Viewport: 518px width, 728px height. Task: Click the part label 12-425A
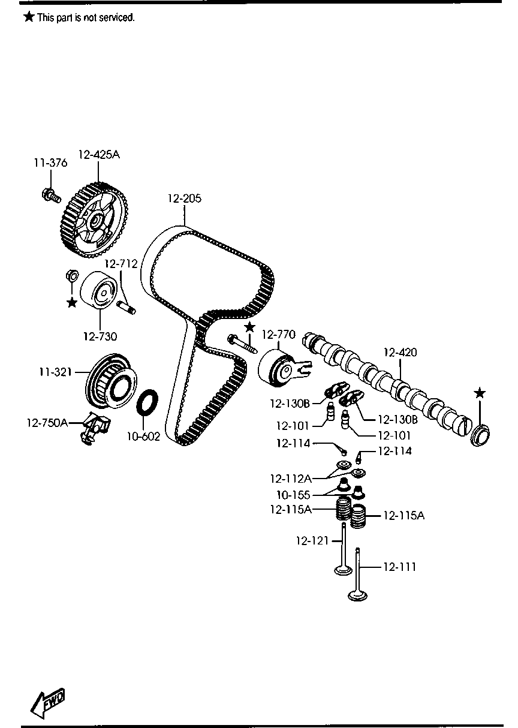(99, 155)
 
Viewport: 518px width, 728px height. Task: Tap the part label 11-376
(50, 163)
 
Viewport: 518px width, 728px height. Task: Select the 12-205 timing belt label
(184, 198)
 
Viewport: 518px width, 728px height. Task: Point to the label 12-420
(400, 353)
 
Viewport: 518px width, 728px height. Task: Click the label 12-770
(278, 334)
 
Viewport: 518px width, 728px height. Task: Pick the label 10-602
(143, 437)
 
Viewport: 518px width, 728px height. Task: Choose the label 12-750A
(47, 423)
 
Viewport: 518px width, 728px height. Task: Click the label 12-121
(312, 540)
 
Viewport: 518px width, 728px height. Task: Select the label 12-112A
(291, 479)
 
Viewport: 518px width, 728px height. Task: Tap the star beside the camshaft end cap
(479, 393)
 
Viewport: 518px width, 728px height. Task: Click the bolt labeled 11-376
(50, 194)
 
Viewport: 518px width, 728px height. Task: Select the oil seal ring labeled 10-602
(147, 402)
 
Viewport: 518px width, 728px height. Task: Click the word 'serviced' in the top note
(118, 18)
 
